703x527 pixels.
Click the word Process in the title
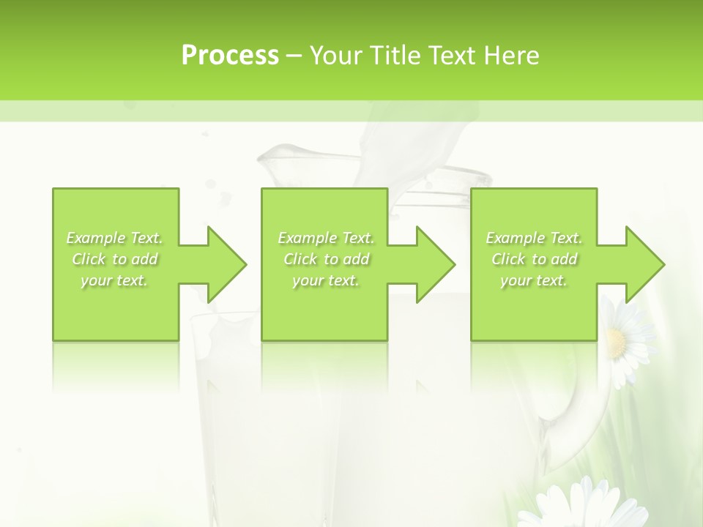pos(230,55)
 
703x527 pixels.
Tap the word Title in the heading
pos(395,55)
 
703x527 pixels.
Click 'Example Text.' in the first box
pos(115,238)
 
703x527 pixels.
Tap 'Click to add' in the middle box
pos(326,259)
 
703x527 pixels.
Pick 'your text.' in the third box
pos(534,280)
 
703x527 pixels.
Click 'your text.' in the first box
pos(115,280)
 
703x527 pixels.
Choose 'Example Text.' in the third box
pos(534,238)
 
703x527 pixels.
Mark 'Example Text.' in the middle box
pos(326,238)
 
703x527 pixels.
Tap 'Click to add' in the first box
pos(115,259)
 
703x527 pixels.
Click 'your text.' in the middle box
pos(326,280)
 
